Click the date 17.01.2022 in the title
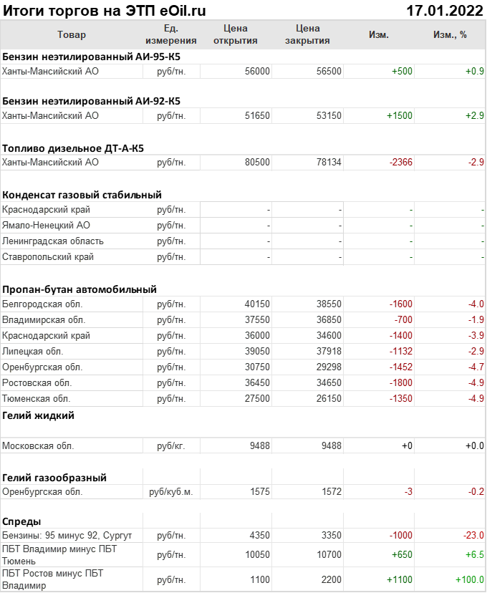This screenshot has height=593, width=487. click(445, 11)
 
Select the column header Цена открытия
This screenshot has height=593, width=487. click(236, 34)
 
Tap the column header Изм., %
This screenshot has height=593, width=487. click(450, 34)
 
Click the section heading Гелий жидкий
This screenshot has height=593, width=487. click(38, 415)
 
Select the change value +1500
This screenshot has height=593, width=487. click(400, 115)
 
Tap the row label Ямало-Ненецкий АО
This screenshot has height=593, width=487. click(46, 225)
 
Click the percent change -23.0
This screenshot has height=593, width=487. click(472, 536)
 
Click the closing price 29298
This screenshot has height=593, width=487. click(329, 367)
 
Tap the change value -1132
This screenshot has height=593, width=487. click(400, 351)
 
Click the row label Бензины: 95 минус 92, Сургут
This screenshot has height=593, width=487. click(67, 536)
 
